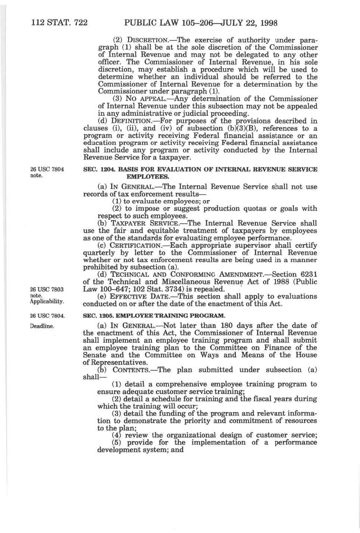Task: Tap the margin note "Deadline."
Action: pos(42,326)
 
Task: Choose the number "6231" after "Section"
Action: pos(307,275)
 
